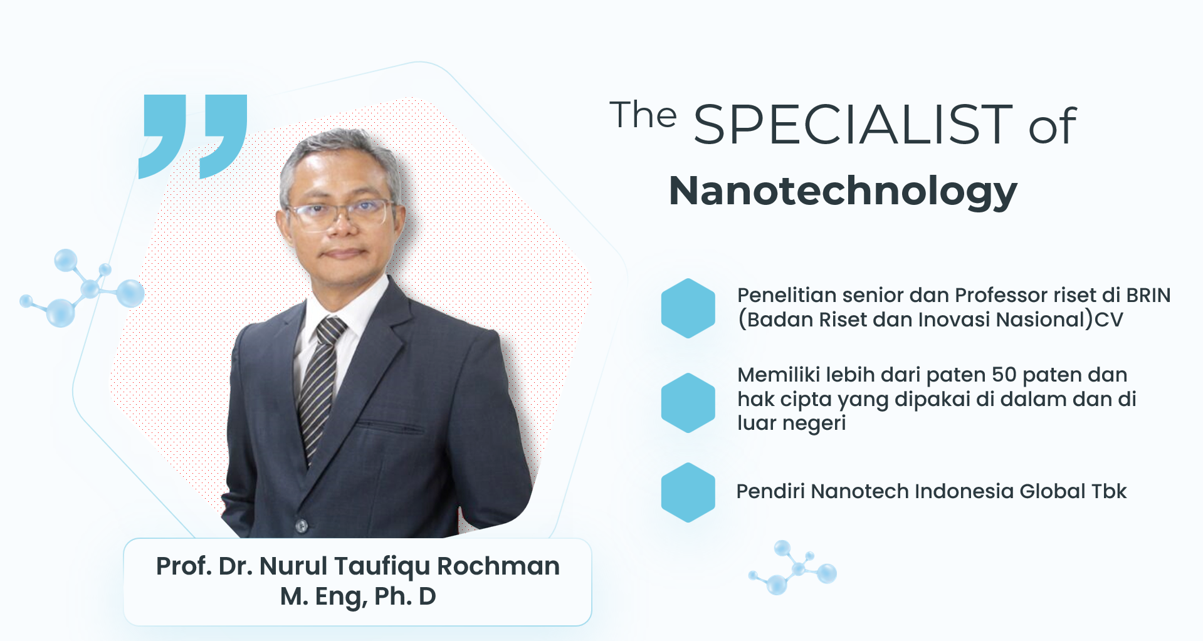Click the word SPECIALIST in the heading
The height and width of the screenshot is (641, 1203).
point(853,124)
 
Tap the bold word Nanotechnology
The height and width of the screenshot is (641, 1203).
point(843,191)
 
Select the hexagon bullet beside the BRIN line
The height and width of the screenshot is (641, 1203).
point(688,308)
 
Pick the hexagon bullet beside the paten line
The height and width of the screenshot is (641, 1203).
point(688,403)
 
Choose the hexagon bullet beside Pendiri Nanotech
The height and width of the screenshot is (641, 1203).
point(688,492)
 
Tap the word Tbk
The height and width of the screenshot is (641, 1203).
point(1109,491)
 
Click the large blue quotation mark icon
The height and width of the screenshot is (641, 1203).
point(193,136)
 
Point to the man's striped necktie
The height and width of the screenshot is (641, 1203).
point(320,388)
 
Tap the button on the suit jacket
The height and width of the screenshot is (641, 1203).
point(302,526)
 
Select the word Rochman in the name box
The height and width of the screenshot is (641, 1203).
point(498,566)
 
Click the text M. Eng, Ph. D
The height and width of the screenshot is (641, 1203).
point(358,597)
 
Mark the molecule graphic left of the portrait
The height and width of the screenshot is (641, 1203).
point(82,288)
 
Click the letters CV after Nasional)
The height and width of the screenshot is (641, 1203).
point(1108,320)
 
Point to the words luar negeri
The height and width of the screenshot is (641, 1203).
point(791,424)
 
